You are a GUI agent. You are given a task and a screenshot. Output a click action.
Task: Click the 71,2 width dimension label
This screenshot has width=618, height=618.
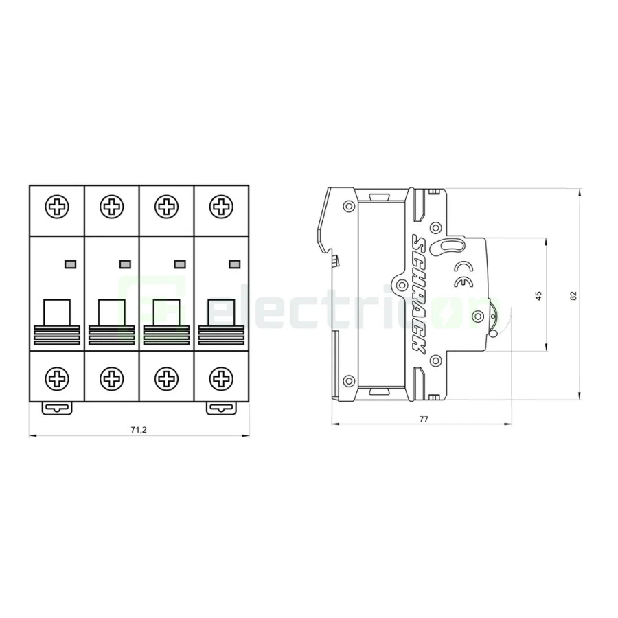tap(139, 430)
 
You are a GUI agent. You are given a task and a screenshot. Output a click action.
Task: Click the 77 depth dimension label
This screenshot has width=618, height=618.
tap(424, 418)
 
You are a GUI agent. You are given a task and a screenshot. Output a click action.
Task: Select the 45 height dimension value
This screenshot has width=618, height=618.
tap(538, 295)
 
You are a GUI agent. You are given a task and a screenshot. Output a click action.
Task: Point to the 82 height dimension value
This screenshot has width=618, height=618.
tap(573, 295)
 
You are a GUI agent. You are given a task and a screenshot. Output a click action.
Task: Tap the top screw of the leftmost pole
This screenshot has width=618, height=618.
tap(56, 206)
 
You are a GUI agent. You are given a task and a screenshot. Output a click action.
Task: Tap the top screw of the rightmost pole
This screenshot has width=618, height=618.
tap(220, 206)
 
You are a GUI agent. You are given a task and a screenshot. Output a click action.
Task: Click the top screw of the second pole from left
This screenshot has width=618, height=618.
tap(111, 206)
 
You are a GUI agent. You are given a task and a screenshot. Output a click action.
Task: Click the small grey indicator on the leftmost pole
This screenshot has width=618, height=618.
tap(69, 264)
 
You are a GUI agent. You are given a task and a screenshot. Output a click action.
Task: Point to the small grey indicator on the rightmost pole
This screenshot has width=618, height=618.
tap(234, 264)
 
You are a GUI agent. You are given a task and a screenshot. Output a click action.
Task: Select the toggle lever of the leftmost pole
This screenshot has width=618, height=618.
tap(56, 312)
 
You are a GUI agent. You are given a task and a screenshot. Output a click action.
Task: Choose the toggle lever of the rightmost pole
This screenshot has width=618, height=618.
tap(220, 312)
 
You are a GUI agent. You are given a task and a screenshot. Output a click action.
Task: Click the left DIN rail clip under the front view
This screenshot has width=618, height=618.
tap(56, 408)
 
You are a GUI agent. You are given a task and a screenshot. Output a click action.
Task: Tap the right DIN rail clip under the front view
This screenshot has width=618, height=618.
tap(221, 408)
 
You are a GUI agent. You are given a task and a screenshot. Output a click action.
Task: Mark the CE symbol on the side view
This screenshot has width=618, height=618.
tap(464, 274)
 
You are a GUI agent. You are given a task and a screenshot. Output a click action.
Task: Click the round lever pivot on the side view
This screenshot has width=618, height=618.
tap(479, 317)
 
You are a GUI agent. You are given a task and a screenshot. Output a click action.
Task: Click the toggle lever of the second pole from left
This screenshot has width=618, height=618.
tap(111, 312)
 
